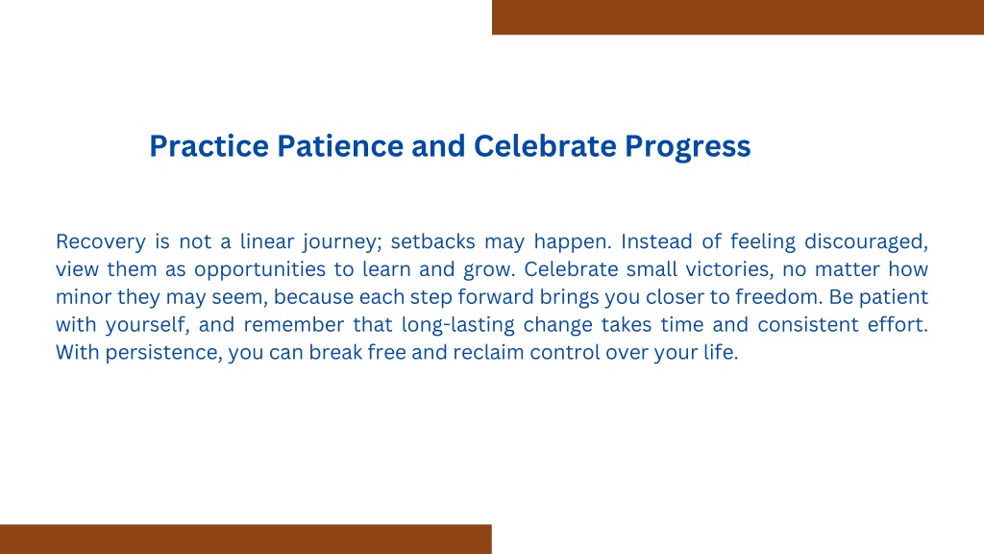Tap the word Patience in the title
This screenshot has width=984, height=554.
[x=341, y=146]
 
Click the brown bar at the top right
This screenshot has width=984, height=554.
[x=738, y=17]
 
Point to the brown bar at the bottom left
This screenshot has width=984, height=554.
[x=246, y=539]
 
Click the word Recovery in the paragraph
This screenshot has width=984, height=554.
[x=100, y=241]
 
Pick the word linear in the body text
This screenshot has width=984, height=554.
[x=267, y=241]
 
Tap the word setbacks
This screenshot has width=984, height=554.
[x=433, y=241]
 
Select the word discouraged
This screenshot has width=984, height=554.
[x=866, y=242]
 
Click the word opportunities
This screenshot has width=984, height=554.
[x=259, y=270]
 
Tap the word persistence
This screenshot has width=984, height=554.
[x=163, y=353]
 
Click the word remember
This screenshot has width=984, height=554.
[x=294, y=325]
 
